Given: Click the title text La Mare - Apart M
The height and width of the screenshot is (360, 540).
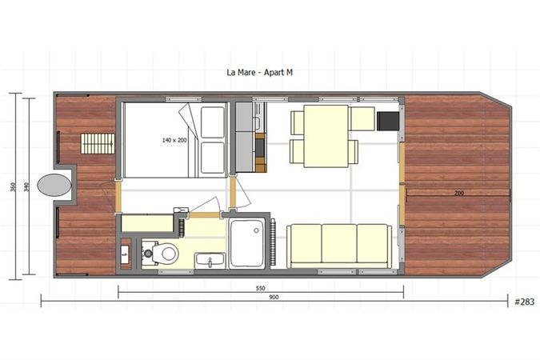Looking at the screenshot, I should pos(260,71).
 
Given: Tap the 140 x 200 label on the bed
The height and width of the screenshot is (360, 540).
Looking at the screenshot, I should pos(174,140).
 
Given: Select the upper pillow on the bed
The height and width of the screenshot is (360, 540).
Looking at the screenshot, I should pos(213,122).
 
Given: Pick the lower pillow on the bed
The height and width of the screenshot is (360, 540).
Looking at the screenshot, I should pos(213,158).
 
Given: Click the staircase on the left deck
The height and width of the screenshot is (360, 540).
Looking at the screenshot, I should pos(98,144).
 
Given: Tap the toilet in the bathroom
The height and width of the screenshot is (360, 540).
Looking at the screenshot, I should pos(166,254).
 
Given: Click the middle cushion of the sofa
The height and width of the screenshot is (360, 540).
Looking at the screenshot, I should pos(339,245).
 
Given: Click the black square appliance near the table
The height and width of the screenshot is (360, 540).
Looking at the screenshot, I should pos(388,120).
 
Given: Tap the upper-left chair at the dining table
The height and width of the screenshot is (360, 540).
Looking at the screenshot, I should pos(297,122).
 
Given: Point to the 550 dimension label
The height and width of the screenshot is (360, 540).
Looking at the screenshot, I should pos(261,288).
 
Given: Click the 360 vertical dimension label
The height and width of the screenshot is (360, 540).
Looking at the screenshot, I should pos(13,187).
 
